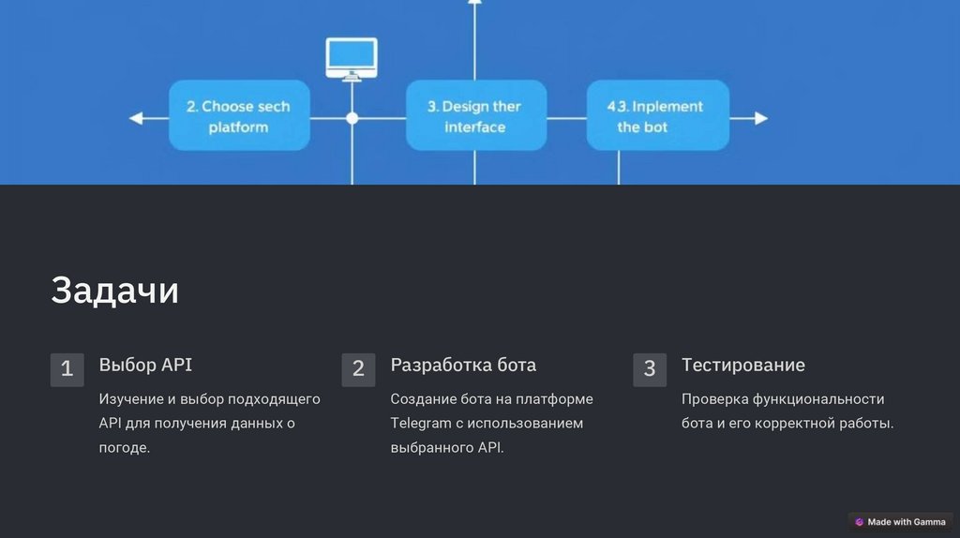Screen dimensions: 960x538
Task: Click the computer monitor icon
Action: (x=352, y=58)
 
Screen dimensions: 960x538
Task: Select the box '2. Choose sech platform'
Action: (x=239, y=116)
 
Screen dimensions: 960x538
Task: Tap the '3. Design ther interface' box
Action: (x=475, y=116)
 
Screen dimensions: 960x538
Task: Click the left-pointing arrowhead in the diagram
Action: (x=137, y=118)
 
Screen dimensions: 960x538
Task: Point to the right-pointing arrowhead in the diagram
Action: (x=760, y=118)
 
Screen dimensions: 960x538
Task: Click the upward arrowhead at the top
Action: (x=474, y=3)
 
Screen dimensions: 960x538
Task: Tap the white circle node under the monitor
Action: (x=352, y=118)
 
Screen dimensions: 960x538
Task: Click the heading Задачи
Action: (x=114, y=291)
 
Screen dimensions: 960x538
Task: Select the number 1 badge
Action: (x=67, y=369)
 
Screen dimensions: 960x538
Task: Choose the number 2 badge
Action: (x=358, y=369)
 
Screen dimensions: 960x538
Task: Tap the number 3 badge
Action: (x=650, y=369)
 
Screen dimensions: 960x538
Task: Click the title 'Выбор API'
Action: (x=145, y=365)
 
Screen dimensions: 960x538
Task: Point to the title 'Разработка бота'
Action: (x=463, y=365)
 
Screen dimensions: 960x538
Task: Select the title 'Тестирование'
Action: (x=742, y=365)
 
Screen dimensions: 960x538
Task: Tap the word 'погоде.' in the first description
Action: (x=125, y=447)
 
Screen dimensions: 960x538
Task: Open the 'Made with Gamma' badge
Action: (x=900, y=522)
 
